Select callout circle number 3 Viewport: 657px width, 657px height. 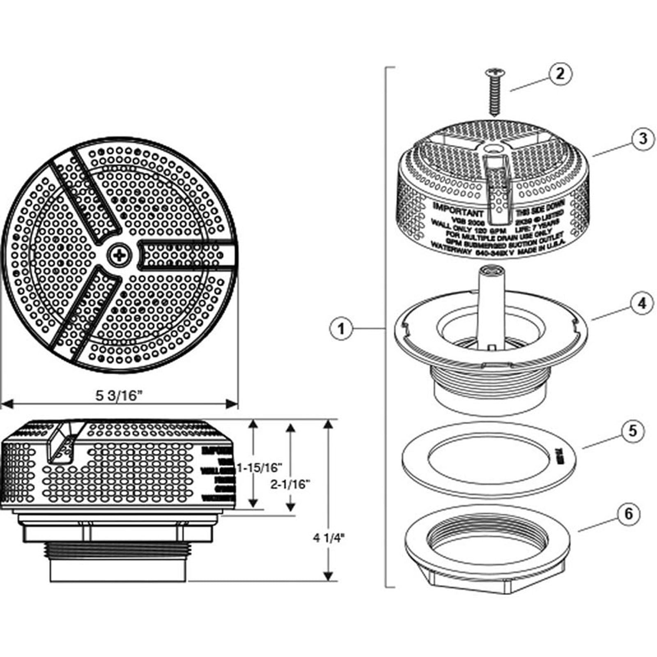pyautogui.click(x=642, y=139)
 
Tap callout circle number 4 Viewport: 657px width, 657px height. pyautogui.click(x=641, y=303)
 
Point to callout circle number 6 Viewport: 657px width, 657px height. pyautogui.click(x=629, y=514)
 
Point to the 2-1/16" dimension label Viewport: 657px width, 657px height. pyautogui.click(x=290, y=485)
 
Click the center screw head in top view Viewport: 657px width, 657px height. pyautogui.click(x=119, y=256)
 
